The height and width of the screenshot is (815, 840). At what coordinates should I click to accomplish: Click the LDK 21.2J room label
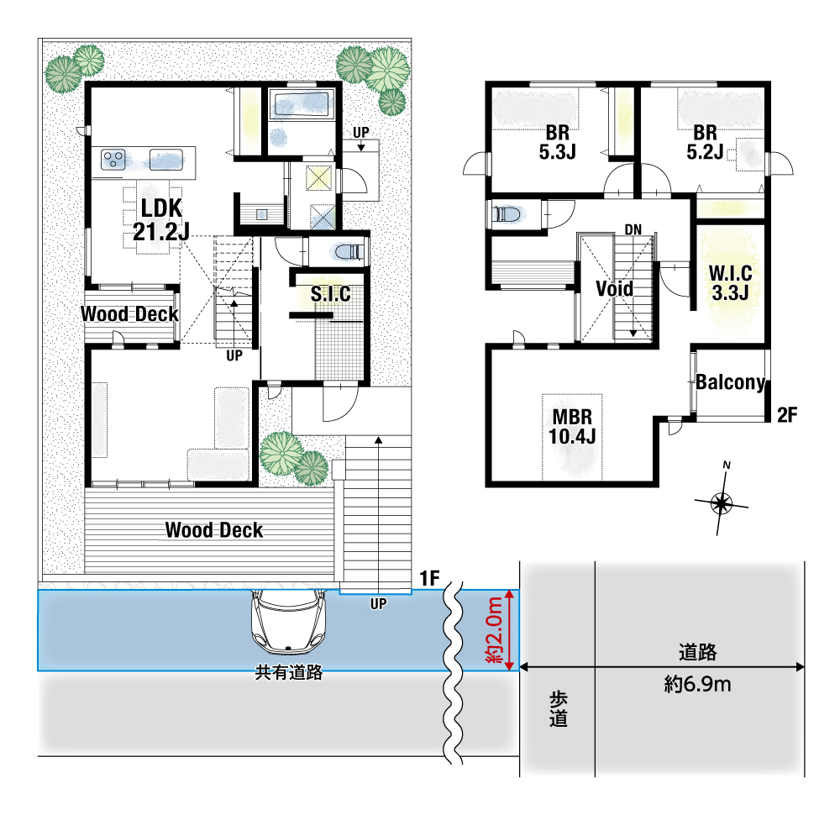[x=161, y=219]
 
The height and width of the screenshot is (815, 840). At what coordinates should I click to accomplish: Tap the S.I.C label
[x=330, y=293]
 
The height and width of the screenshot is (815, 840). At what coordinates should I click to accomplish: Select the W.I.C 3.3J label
[x=730, y=283]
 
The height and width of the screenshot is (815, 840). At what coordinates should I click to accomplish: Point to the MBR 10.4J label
[x=572, y=427]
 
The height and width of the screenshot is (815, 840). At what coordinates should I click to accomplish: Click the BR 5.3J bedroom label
[x=557, y=142]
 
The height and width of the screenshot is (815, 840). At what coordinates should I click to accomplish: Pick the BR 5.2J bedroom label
[x=705, y=142]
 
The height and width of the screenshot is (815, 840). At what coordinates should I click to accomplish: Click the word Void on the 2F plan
[x=615, y=289]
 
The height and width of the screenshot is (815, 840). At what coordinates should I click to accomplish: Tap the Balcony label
[x=731, y=382]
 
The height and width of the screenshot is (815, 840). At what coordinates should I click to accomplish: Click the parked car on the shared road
[x=289, y=622]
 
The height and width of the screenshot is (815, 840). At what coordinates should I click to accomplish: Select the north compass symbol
[x=722, y=502]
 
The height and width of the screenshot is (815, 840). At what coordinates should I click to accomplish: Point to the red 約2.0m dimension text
[x=495, y=630]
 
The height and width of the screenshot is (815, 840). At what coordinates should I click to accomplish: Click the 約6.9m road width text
[x=697, y=684]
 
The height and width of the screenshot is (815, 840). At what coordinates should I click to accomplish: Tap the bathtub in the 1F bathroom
[x=301, y=103]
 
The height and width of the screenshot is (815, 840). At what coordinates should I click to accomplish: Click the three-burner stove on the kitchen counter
[x=114, y=160]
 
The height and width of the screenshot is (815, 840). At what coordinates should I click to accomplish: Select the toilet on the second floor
[x=507, y=213]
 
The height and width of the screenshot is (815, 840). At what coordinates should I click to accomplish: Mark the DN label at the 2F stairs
[x=633, y=230]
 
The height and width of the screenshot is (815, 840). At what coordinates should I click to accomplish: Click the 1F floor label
[x=429, y=578]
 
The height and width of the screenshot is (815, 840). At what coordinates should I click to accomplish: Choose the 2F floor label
[x=787, y=414]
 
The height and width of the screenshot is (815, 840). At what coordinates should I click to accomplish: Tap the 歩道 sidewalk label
[x=559, y=709]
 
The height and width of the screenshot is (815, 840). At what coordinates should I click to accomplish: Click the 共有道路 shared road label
[x=289, y=672]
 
